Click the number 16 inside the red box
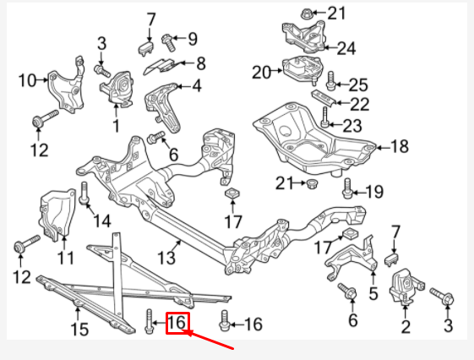tap(177, 323)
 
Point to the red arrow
tap(211, 341)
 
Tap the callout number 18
tap(399, 147)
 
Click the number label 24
tap(346, 48)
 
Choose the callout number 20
tap(260, 71)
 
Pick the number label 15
tap(79, 329)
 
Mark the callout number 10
tap(27, 81)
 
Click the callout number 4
tap(196, 85)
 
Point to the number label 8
tap(200, 63)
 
